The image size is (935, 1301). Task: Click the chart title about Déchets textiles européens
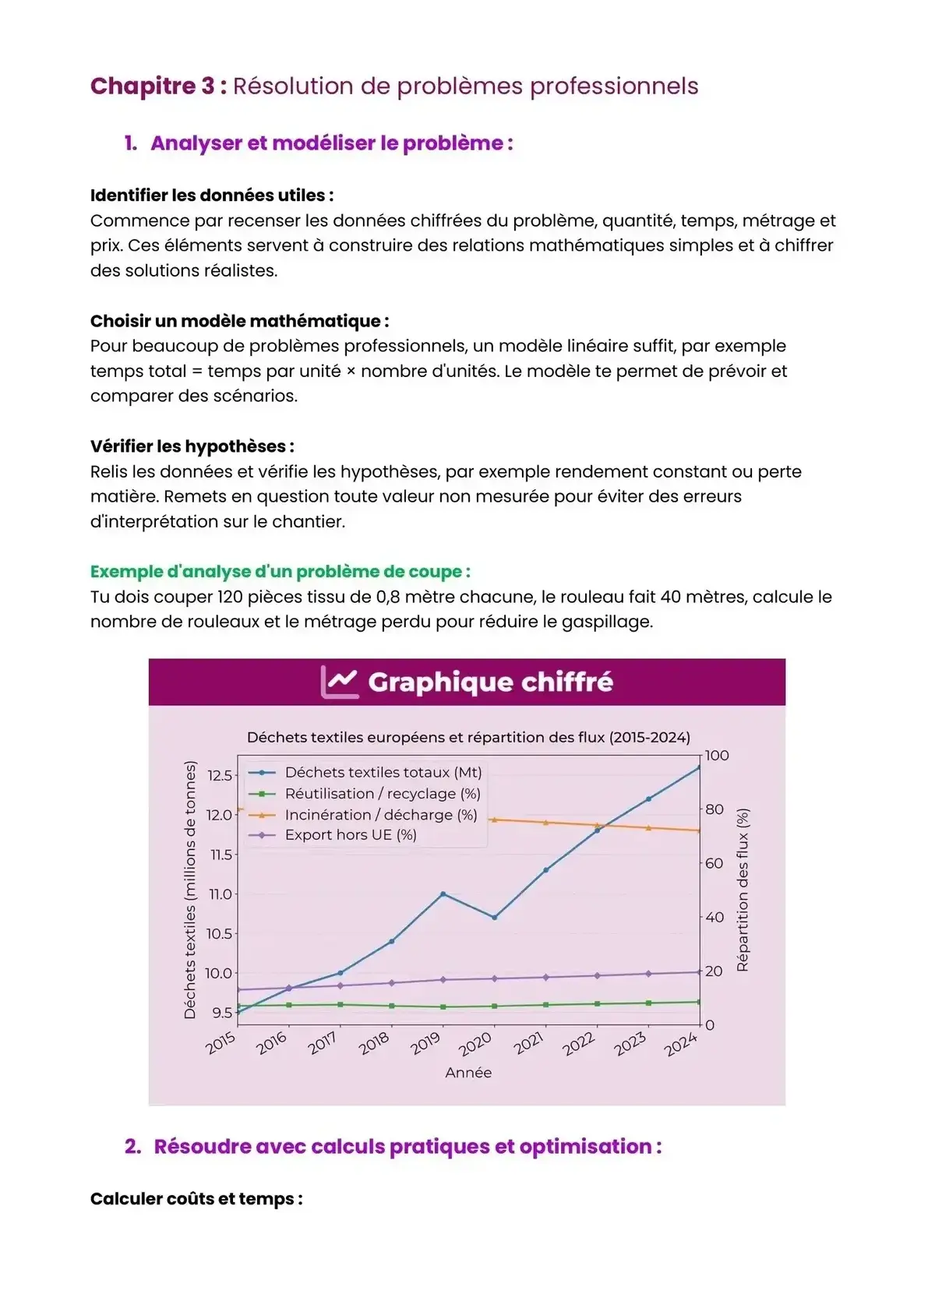468,737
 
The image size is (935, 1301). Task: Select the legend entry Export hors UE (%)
351,835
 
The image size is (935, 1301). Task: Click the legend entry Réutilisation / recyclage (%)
382,794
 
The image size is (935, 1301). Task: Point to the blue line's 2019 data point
443,894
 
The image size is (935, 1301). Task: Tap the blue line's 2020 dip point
494,917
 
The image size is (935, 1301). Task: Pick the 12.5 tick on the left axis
220,775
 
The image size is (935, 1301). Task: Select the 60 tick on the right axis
714,863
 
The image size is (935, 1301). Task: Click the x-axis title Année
468,1073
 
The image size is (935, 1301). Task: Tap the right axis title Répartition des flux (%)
743,890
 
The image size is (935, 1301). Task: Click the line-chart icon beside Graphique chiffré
340,682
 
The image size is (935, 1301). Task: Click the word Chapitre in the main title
152,86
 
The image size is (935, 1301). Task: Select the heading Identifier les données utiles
211,195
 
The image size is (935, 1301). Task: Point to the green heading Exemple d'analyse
280,571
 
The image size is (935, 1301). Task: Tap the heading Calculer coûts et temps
196,1198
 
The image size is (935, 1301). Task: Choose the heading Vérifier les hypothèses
192,446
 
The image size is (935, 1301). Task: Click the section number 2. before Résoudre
132,1147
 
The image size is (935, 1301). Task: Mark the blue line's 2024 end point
699,767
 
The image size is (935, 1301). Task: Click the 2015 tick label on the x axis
221,1042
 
